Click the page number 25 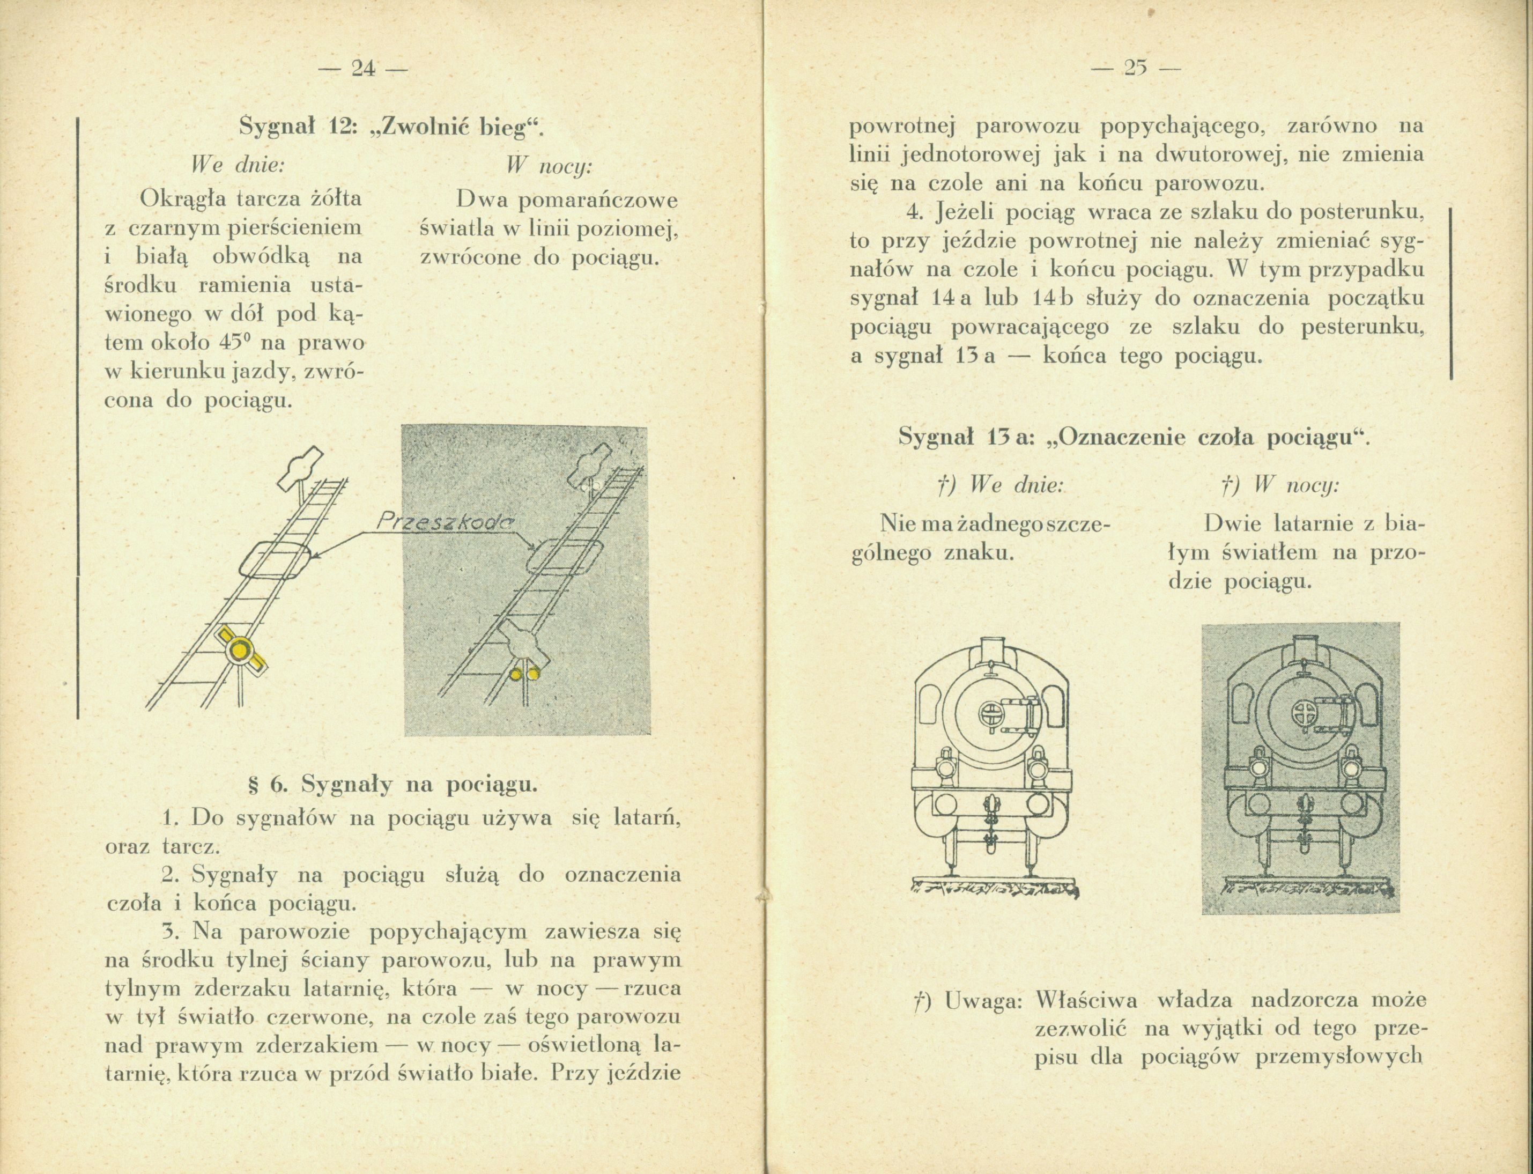[x=1134, y=69]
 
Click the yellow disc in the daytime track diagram [x=240, y=649]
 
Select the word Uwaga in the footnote [x=984, y=1000]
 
